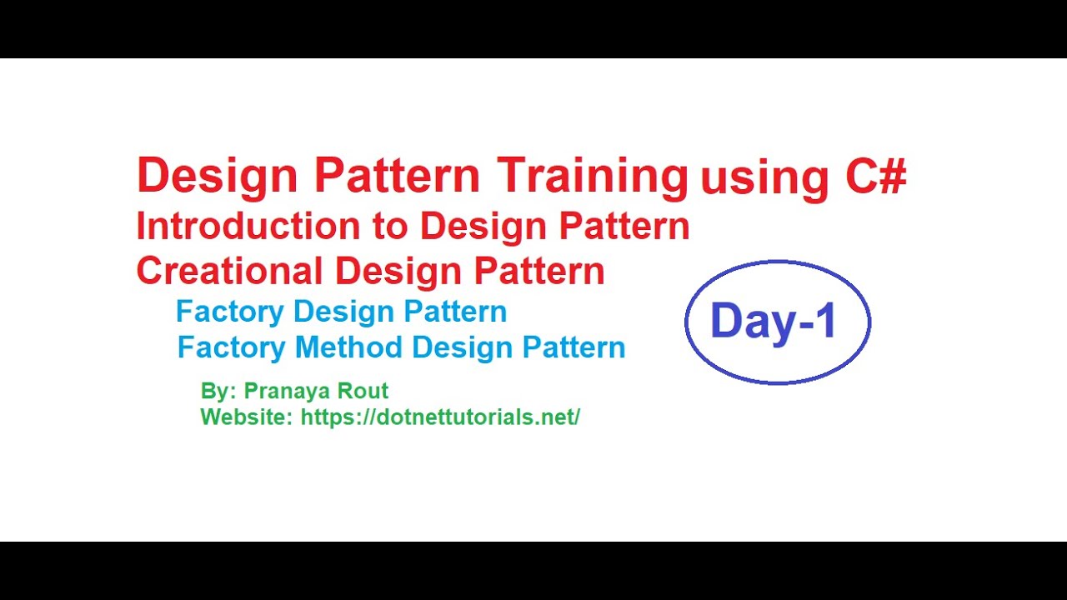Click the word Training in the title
592,178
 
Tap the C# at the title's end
876,175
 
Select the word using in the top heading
764,180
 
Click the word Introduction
248,226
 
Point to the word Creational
229,271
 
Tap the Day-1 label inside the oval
773,321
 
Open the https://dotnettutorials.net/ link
440,417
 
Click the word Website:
247,417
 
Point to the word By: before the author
218,391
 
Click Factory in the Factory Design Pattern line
230,312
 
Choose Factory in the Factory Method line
232,347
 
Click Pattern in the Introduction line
624,226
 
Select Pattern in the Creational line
539,271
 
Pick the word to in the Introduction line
390,227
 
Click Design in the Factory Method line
462,348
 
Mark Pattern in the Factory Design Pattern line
455,312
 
